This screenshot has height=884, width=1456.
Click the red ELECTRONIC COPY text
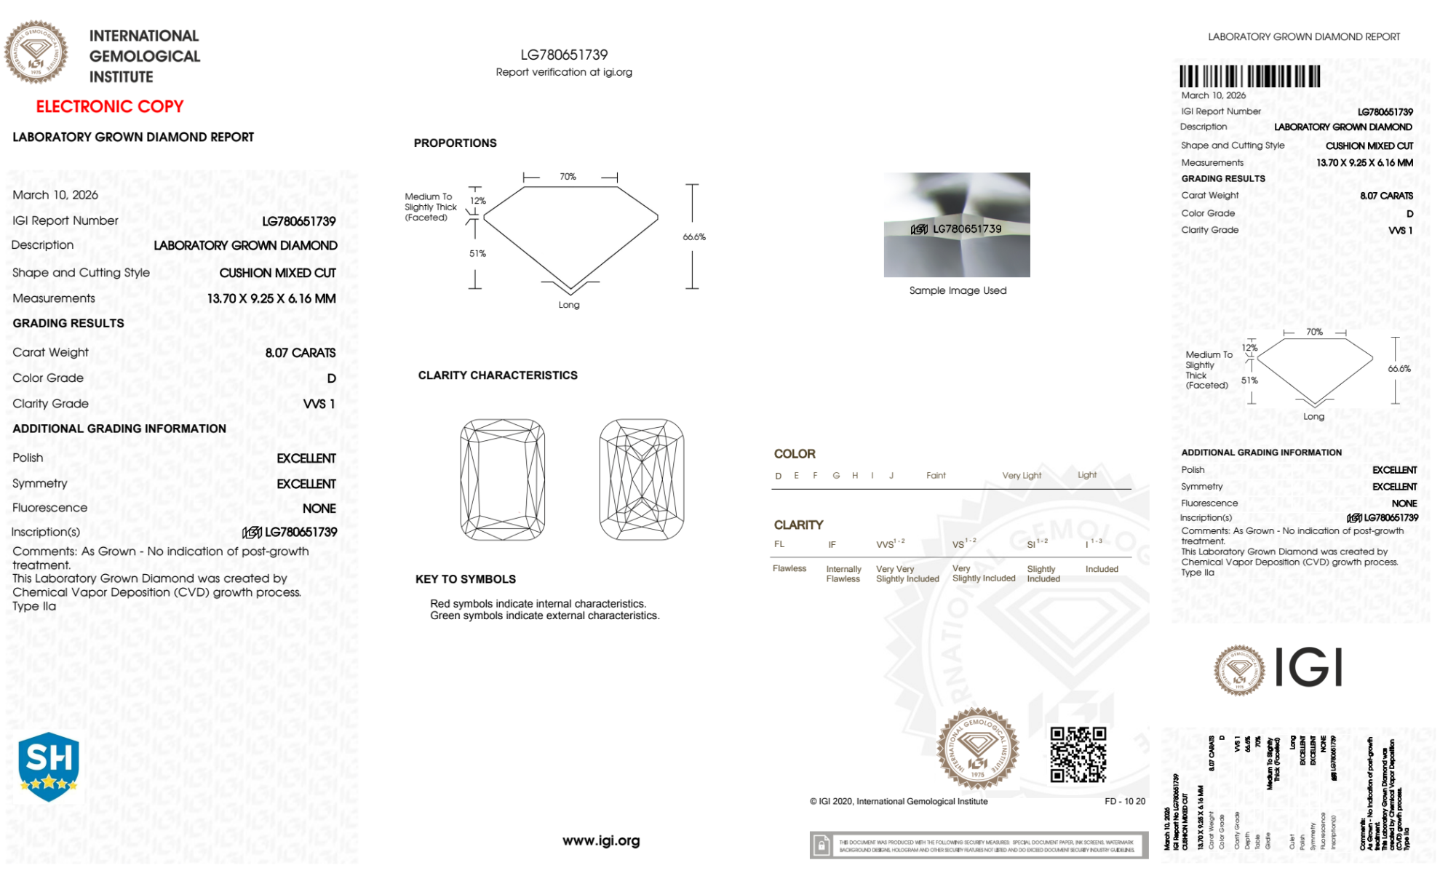coord(109,106)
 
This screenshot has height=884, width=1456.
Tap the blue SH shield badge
coord(48,766)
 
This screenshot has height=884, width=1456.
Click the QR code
coord(1078,754)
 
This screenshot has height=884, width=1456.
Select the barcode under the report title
coord(1249,76)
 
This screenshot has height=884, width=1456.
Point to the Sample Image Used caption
coord(958,290)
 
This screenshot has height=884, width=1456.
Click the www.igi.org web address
coord(601,840)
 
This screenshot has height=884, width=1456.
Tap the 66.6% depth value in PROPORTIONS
coord(693,237)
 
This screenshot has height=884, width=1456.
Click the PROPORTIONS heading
coord(455,143)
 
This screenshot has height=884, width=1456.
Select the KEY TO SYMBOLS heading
coord(465,579)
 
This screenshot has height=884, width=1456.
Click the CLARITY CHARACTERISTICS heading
coord(498,375)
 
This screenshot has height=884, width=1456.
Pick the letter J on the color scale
coord(891,476)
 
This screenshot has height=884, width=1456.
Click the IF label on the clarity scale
coord(832,544)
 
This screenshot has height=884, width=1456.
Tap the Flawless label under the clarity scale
coord(789,568)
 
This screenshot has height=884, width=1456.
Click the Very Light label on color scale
coord(1022,476)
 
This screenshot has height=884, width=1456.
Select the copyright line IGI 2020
coord(899,801)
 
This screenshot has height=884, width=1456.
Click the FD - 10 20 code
coord(1124,801)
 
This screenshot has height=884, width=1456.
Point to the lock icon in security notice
coord(822,845)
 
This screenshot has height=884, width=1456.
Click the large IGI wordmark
coord(1309,668)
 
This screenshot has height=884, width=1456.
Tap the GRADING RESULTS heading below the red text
coord(68,323)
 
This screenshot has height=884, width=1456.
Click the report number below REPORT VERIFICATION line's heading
coord(564,55)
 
